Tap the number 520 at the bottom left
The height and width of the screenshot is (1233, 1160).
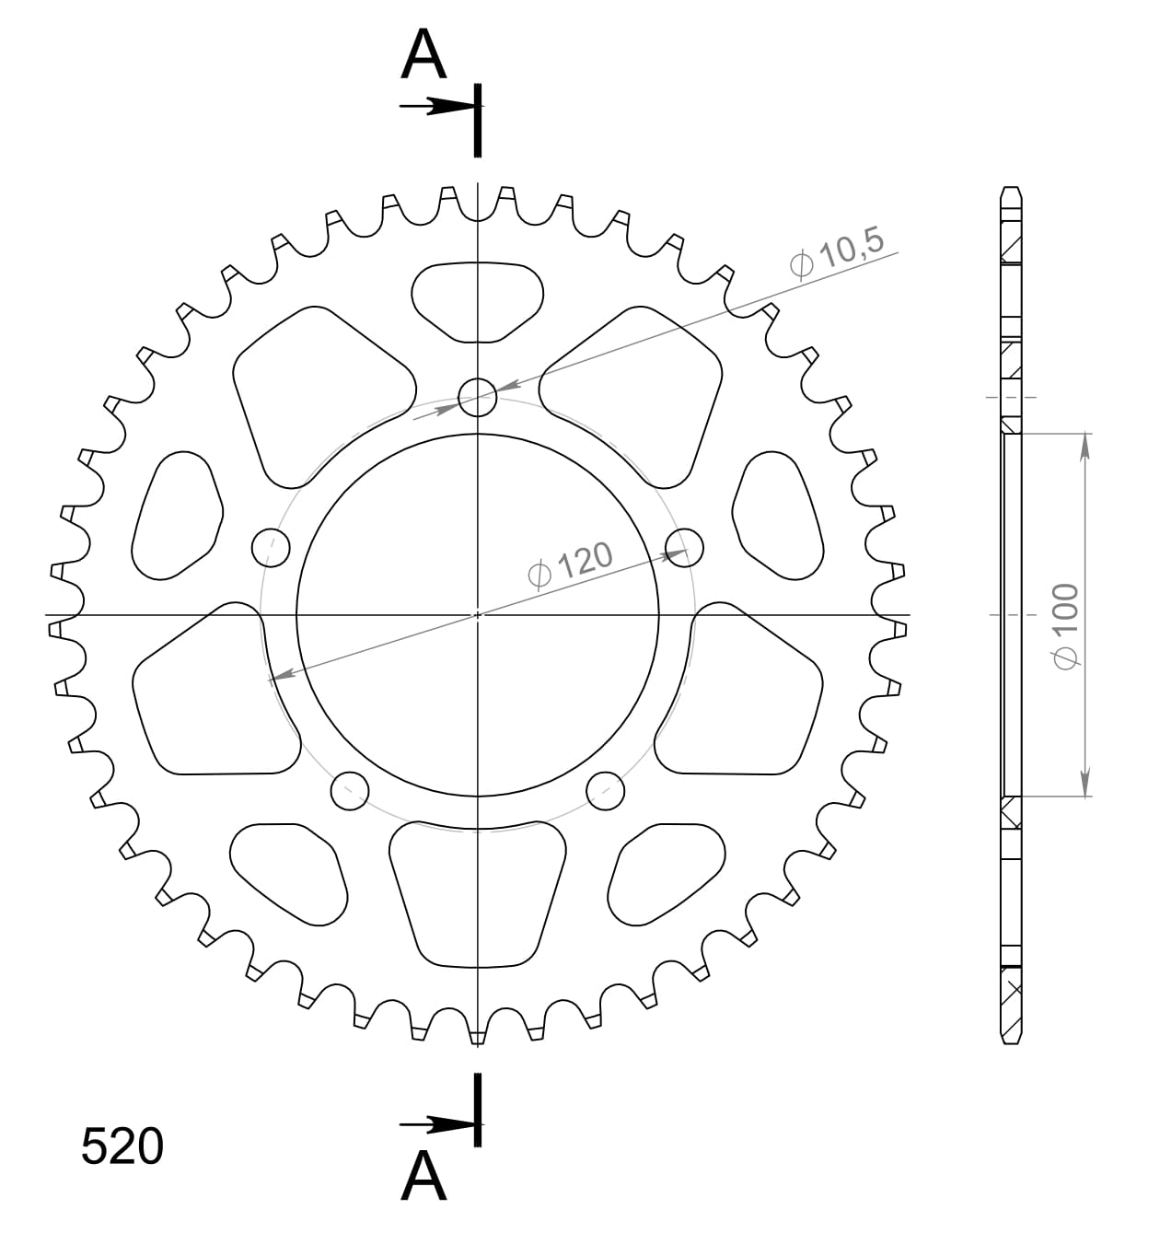[x=122, y=1147]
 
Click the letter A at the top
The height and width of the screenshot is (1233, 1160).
[x=424, y=55]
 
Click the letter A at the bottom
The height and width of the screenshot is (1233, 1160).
[x=424, y=1176]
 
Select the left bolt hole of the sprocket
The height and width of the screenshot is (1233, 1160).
[x=270, y=548]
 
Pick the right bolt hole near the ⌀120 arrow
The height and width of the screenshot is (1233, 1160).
[x=684, y=548]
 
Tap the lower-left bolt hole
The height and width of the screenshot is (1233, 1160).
[x=349, y=790]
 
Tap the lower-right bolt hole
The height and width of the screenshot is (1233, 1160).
[x=605, y=790]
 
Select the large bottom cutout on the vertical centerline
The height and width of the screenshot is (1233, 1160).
[x=477, y=893]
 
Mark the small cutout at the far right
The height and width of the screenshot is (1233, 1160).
[x=778, y=516]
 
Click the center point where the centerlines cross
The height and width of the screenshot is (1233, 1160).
[x=477, y=614]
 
